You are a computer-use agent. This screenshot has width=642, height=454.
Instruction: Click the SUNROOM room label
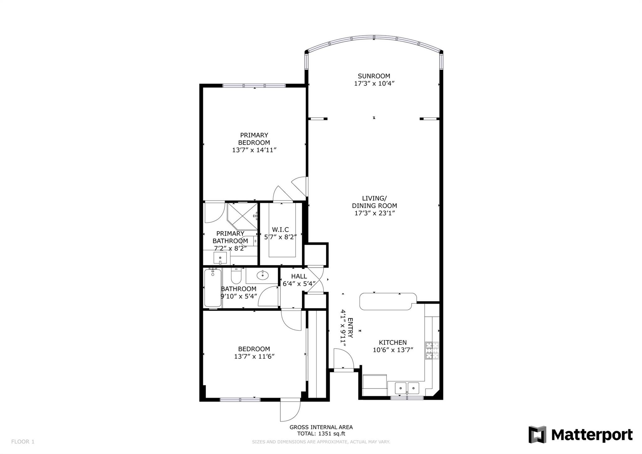[374, 76]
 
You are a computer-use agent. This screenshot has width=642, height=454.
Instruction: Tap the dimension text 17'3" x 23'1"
[374, 213]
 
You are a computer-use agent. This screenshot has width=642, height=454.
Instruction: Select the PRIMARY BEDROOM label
[254, 139]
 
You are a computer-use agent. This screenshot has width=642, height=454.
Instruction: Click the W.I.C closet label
[280, 230]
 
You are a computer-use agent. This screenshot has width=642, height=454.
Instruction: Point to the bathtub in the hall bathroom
[213, 288]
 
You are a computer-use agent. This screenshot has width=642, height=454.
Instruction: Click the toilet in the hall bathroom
[235, 276]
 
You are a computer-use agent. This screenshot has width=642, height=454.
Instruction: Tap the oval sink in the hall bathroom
[262, 275]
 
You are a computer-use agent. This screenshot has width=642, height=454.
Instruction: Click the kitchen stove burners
[432, 351]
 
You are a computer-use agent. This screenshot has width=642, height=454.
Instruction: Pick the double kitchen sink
[407, 388]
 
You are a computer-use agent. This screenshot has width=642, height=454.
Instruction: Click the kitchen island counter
[388, 302]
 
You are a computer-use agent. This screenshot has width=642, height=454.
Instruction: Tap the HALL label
[299, 276]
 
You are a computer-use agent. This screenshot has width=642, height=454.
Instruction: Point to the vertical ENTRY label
[350, 328]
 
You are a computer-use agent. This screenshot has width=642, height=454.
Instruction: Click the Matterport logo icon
[537, 435]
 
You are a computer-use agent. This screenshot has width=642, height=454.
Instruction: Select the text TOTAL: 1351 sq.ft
[321, 434]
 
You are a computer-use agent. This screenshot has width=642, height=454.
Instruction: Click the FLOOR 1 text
[23, 442]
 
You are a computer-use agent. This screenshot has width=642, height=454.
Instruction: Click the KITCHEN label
[392, 343]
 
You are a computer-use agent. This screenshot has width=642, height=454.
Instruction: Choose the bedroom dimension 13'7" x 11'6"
[254, 356]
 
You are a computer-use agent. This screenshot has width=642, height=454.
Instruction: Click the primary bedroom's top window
[254, 85]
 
